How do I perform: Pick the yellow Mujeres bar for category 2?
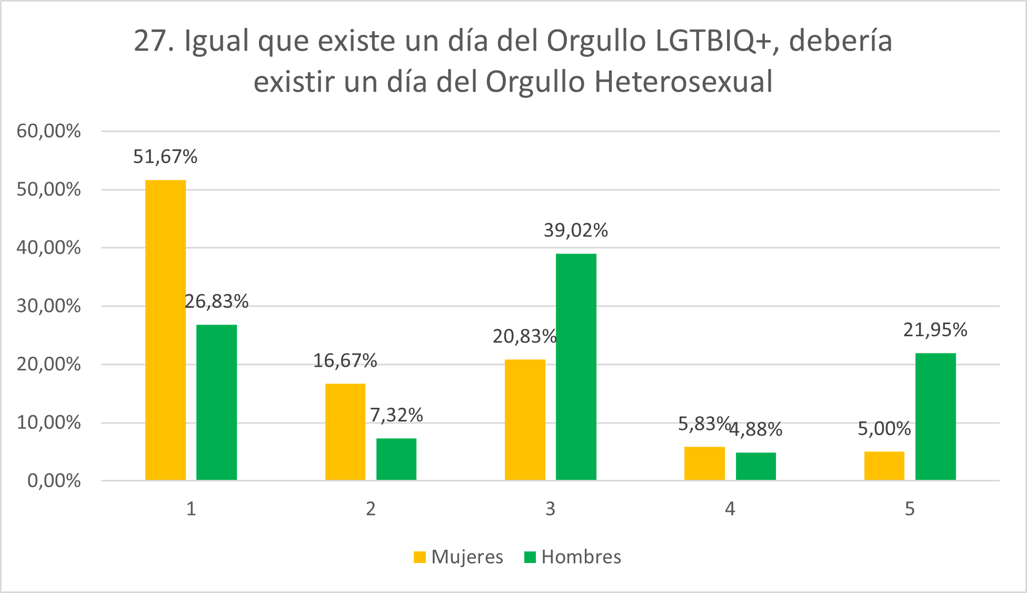pyautogui.click(x=345, y=431)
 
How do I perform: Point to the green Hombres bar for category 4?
pyautogui.click(x=755, y=466)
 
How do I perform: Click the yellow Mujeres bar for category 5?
pyautogui.click(x=884, y=466)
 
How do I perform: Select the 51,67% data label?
pyautogui.click(x=165, y=157)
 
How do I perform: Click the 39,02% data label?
pyautogui.click(x=576, y=230)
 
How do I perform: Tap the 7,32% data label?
pyautogui.click(x=396, y=415)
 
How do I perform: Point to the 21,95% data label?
pyautogui.click(x=935, y=330)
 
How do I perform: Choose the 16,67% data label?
pyautogui.click(x=345, y=361)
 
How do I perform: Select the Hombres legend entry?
pyautogui.click(x=573, y=557)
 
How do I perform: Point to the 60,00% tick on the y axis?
pyautogui.click(x=49, y=131)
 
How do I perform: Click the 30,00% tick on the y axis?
pyautogui.click(x=49, y=306)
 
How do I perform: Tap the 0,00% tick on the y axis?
pyautogui.click(x=54, y=480)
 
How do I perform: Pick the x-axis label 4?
pyautogui.click(x=730, y=509)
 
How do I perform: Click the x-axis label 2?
pyautogui.click(x=371, y=509)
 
